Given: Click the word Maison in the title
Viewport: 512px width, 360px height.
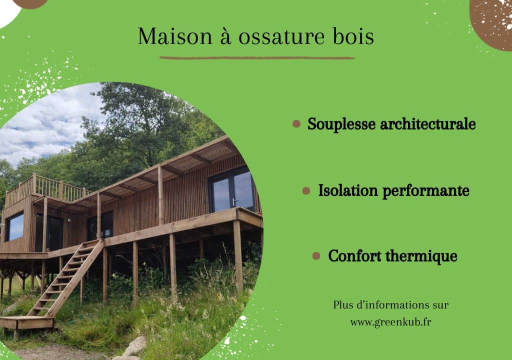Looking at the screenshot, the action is click(175, 36).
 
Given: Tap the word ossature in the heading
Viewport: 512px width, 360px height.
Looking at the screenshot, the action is click(281, 37).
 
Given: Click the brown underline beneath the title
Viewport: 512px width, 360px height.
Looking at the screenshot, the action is click(257, 58).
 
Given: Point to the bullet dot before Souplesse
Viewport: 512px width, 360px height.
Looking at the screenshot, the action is click(296, 124).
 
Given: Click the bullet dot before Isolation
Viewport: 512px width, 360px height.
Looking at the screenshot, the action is click(306, 191).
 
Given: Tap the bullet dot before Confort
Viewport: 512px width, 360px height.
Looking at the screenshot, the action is click(316, 256).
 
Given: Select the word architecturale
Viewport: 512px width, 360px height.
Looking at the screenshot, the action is click(428, 124).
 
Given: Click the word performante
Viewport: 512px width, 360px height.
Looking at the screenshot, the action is click(426, 191).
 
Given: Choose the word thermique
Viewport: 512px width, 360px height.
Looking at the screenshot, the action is click(421, 256).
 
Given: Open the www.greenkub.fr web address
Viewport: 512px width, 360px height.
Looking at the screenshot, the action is click(391, 322).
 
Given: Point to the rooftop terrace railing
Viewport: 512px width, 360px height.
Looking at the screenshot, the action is click(45, 190).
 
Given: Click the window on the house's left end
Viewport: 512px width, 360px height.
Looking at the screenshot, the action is click(15, 226).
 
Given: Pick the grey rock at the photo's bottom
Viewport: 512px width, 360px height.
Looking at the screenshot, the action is click(135, 347).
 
